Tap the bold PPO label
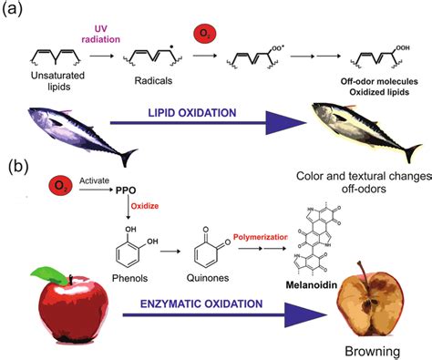click(x=128, y=190)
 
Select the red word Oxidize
click(x=148, y=206)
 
